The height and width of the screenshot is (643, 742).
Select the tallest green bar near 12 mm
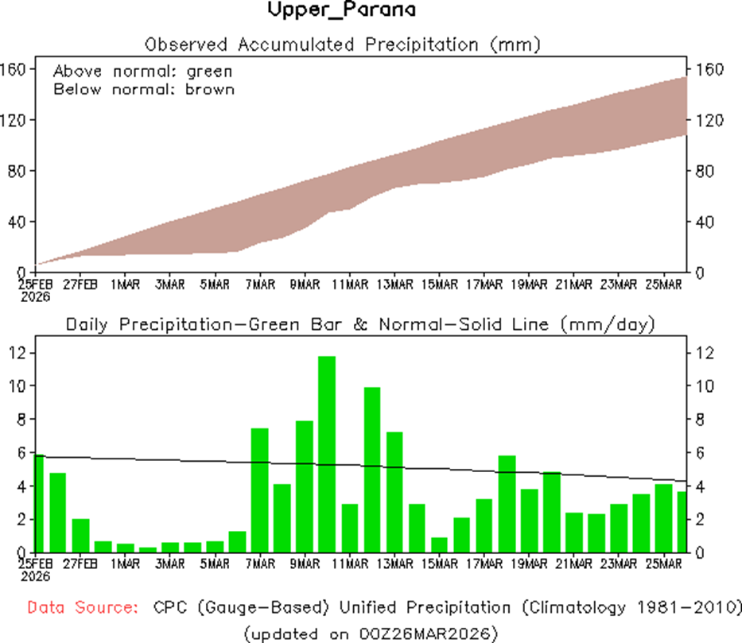pyautogui.click(x=327, y=454)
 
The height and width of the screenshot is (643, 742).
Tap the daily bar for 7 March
pyautogui.click(x=260, y=490)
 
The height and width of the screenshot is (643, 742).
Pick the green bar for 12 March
pyautogui.click(x=372, y=470)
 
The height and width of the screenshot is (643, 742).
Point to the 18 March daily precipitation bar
pyautogui.click(x=507, y=504)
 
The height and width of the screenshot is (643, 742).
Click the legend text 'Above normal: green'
pyautogui.click(x=143, y=71)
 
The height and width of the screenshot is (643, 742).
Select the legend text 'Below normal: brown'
pyautogui.click(x=144, y=89)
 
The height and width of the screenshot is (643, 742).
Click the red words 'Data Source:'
pyautogui.click(x=80, y=608)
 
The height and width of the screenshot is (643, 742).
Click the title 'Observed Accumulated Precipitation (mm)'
pyautogui.click(x=343, y=45)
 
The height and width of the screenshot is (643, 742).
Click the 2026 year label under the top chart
pyautogui.click(x=36, y=296)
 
